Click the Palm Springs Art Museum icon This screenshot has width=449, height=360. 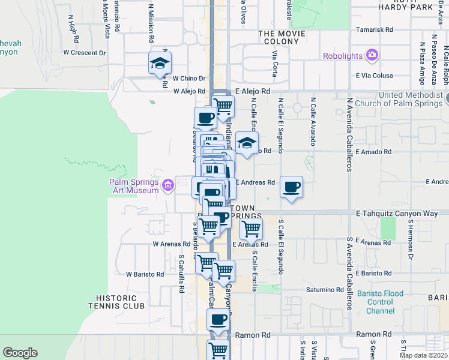tap(167, 187)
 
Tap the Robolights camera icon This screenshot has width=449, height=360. tap(373, 56)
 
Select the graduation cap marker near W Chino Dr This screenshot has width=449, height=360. tap(160, 63)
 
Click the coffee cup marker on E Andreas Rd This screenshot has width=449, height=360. tap(291, 187)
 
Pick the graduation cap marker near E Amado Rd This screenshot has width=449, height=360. tap(246, 143)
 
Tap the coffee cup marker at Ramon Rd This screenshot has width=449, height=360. tap(218, 319)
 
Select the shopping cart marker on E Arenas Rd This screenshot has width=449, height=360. tap(251, 229)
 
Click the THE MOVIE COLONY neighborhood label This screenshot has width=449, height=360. tap(278, 38)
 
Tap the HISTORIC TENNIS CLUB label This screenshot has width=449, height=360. tap(120, 302)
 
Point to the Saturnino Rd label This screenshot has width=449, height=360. tap(324, 290)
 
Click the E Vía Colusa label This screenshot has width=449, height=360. tap(374, 76)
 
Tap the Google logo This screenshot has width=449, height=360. tap(20, 353)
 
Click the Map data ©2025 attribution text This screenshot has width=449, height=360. tap(423, 355)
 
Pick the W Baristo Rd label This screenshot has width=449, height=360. tap(145, 274)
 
